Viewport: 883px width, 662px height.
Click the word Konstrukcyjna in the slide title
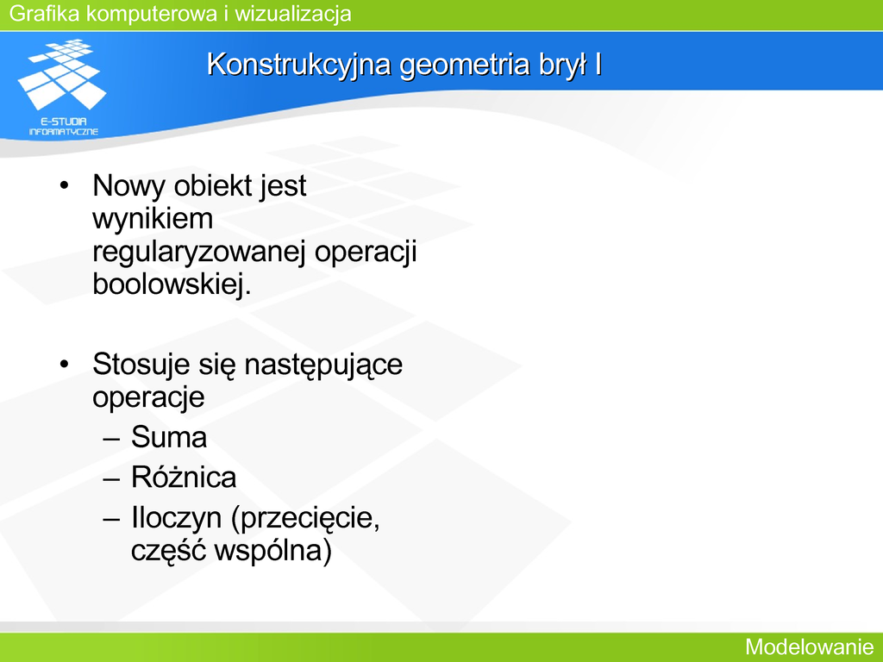point(298,65)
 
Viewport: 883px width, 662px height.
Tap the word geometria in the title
point(465,65)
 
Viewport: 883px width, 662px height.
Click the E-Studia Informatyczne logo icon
point(63,87)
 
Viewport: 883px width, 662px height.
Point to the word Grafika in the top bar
point(45,13)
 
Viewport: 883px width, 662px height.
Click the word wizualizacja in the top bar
point(293,13)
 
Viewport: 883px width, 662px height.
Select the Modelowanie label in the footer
point(810,646)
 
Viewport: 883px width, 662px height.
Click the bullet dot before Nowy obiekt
point(64,185)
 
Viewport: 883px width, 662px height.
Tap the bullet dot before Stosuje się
point(64,364)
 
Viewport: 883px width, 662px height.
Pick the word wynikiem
point(153,218)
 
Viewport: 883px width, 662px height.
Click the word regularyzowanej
point(199,253)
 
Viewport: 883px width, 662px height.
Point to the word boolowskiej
point(172,284)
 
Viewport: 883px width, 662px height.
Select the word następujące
point(323,365)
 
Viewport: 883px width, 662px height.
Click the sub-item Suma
point(169,437)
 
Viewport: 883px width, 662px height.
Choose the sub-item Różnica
point(184,477)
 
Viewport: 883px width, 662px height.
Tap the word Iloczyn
point(176,517)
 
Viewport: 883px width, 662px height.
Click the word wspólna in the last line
point(273,550)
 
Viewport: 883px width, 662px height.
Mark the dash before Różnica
point(111,478)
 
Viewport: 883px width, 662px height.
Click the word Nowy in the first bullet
point(129,186)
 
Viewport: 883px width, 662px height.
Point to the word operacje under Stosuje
point(148,397)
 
